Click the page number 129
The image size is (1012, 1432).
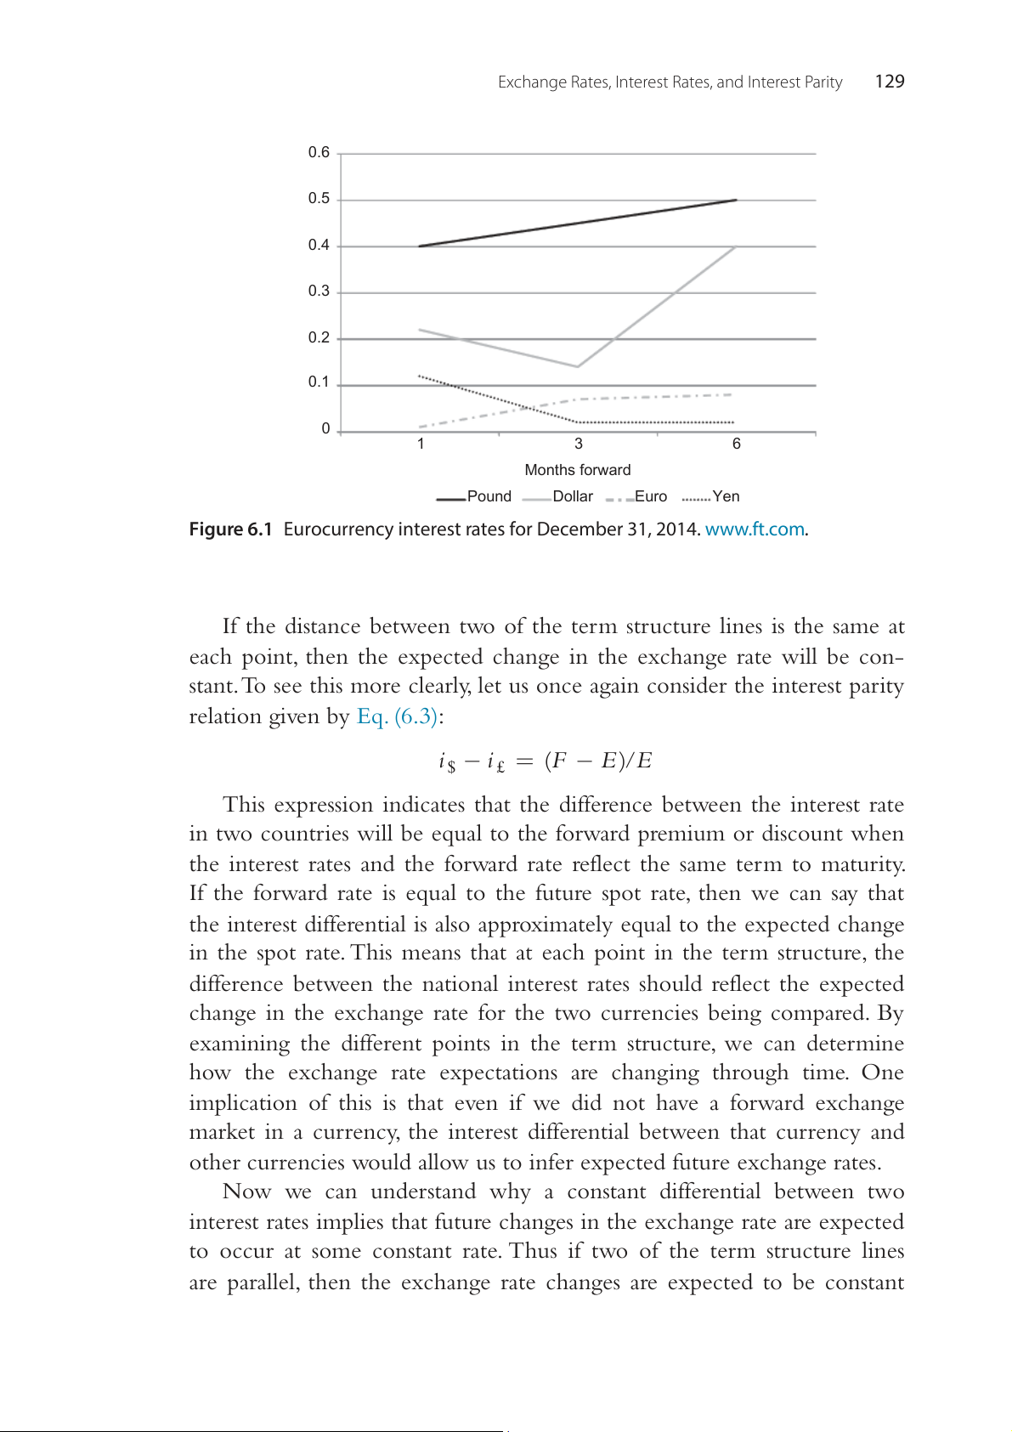tap(889, 82)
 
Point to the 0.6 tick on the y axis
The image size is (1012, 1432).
tap(319, 153)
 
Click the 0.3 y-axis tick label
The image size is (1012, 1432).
tap(319, 291)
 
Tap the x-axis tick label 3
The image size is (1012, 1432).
tap(579, 444)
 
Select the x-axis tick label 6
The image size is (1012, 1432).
tap(737, 444)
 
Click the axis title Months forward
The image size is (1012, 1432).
tap(578, 470)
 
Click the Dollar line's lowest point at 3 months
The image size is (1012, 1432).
tap(578, 366)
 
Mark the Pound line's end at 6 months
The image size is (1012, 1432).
tap(736, 200)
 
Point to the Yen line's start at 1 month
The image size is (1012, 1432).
tap(420, 376)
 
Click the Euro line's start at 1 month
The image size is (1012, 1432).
tap(420, 427)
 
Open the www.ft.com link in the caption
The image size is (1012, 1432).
tap(755, 529)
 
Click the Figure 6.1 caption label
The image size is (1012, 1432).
tap(230, 529)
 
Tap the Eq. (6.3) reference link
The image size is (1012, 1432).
tap(397, 716)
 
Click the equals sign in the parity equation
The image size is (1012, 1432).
tap(524, 761)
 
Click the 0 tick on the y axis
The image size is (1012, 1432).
tap(325, 429)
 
